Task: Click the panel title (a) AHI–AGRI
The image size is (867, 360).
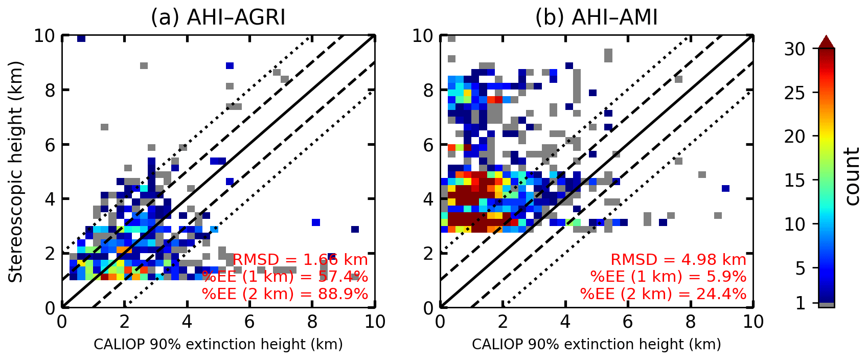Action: (x=218, y=17)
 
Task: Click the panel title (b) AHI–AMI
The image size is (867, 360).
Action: (x=596, y=17)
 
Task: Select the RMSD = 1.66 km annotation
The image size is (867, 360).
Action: (x=300, y=260)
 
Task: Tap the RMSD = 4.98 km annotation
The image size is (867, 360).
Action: (x=678, y=260)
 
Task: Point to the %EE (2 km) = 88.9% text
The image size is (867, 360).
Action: (x=285, y=294)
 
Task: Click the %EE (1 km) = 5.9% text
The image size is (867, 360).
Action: (x=668, y=277)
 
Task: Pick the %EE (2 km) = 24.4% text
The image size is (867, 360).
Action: (x=663, y=294)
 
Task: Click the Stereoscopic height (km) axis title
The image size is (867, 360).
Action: (x=16, y=172)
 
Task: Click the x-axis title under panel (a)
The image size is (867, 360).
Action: (x=218, y=344)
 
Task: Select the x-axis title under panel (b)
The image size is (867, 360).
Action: (x=596, y=344)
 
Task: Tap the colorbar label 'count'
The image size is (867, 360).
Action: (x=852, y=176)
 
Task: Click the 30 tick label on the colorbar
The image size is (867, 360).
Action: (x=794, y=49)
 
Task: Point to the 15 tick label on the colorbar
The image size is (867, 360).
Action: (x=794, y=181)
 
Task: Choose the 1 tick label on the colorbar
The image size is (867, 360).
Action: (x=800, y=303)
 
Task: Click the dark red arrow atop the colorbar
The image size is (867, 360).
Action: (x=826, y=42)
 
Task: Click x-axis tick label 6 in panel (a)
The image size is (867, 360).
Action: (x=249, y=322)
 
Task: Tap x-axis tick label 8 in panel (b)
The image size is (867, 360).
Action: (x=690, y=322)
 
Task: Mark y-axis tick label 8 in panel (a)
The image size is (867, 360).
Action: (x=50, y=91)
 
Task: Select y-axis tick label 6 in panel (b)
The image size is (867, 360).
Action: (x=428, y=145)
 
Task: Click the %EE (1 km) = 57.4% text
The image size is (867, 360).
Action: (x=285, y=277)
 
